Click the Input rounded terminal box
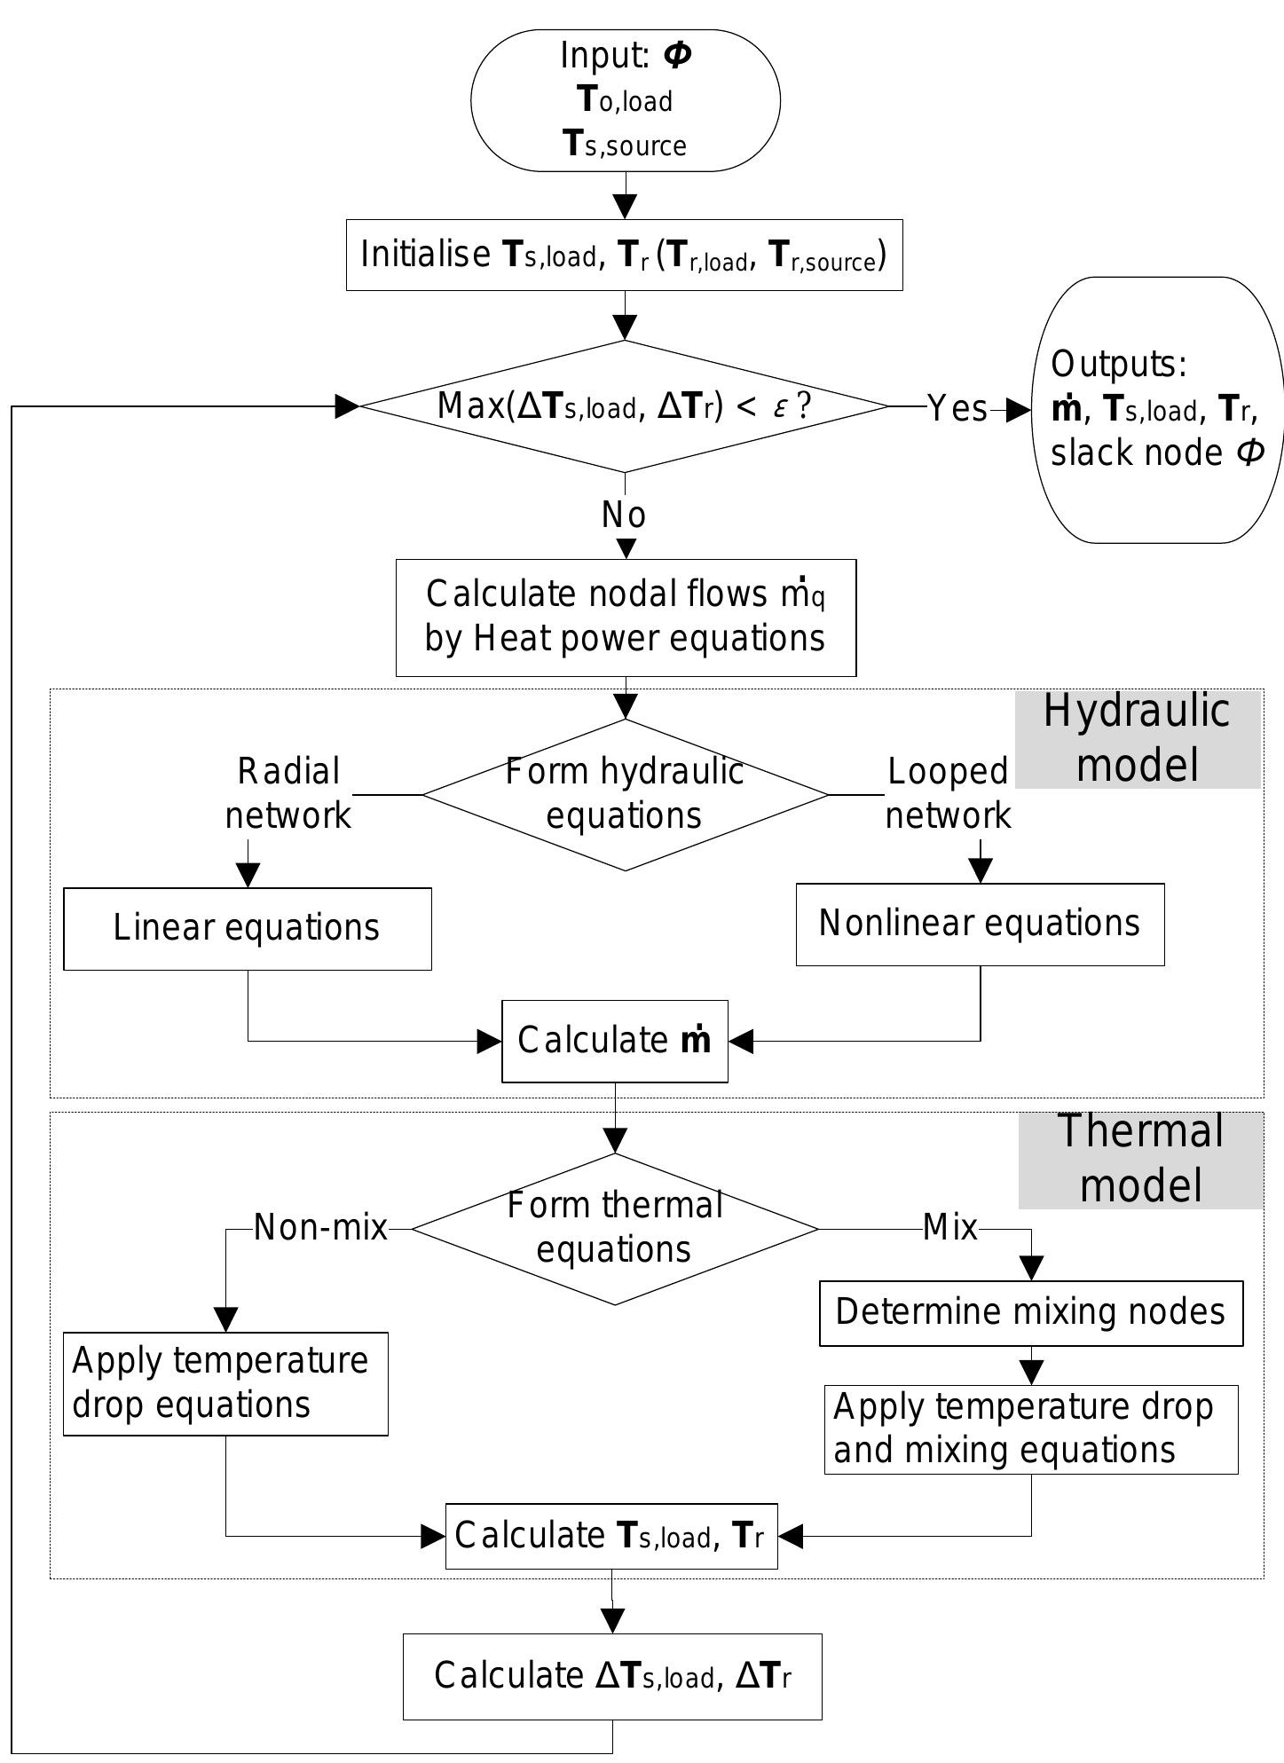tap(625, 100)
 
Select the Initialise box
tap(624, 256)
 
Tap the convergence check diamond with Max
tap(624, 406)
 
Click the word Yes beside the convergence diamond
tap(957, 408)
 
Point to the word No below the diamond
tap(624, 515)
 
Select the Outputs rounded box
tap(1157, 409)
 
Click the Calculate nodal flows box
tap(626, 618)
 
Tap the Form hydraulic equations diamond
tap(625, 794)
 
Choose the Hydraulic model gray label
tap(1138, 738)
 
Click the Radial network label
tap(288, 793)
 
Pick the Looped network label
tap(948, 793)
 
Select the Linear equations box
tap(247, 928)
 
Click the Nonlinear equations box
tap(980, 924)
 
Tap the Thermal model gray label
tap(1141, 1159)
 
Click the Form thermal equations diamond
tap(615, 1228)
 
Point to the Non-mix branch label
tap(320, 1228)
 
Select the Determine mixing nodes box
tap(1030, 1312)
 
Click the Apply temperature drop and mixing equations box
tap(1030, 1429)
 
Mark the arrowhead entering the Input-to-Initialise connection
tap(626, 208)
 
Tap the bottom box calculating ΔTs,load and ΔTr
tap(612, 1676)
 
